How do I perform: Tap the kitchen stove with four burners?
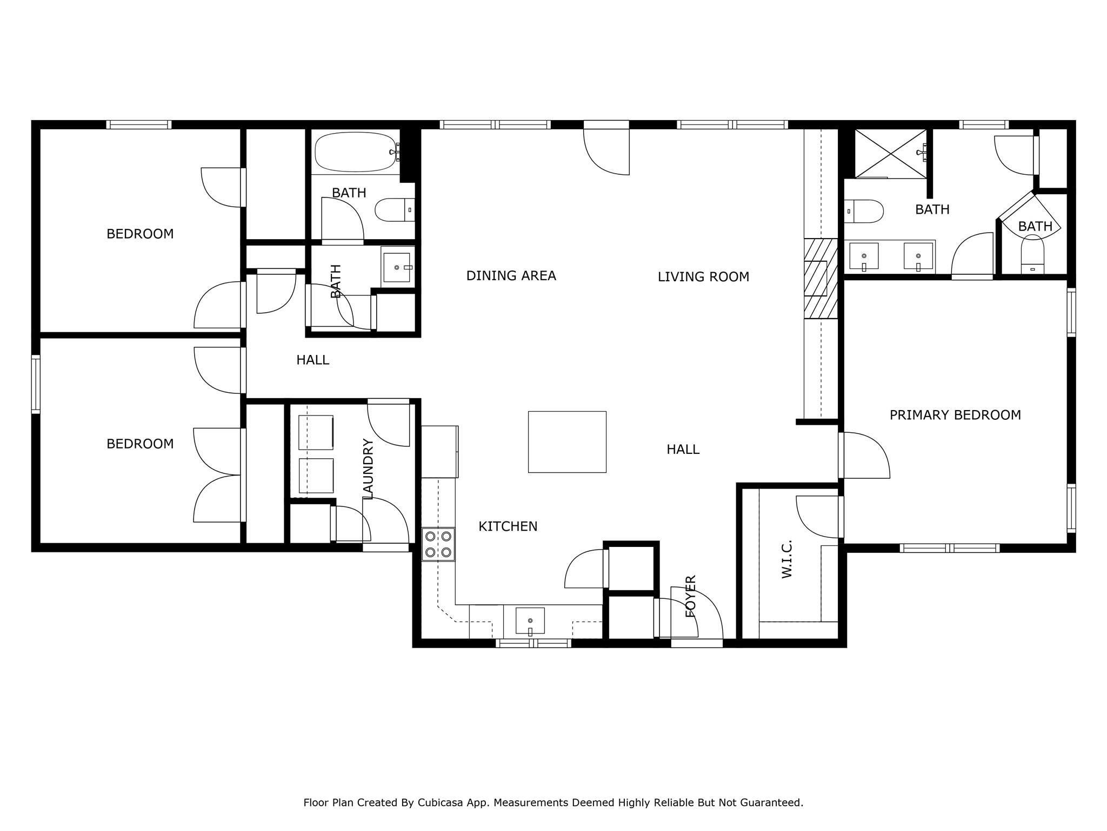point(438,544)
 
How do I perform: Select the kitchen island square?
point(567,441)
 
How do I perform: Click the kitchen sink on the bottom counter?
point(530,621)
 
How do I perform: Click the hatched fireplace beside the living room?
point(821,278)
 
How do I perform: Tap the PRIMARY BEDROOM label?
point(955,415)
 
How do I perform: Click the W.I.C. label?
point(787,558)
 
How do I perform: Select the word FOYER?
point(690,596)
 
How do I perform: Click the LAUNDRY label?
point(369,469)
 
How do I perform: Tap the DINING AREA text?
point(511,276)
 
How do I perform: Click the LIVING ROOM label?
point(703,277)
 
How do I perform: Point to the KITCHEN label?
point(508,526)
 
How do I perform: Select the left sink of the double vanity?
point(864,256)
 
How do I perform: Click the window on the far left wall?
point(36,384)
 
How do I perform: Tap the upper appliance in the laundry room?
point(316,432)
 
